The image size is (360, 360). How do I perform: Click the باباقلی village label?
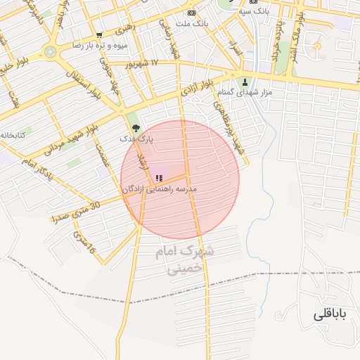click(x=330, y=314)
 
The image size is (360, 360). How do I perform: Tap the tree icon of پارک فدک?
click(x=136, y=128)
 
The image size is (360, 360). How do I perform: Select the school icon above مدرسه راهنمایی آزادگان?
click(x=159, y=178)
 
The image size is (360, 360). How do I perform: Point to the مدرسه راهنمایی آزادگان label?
click(x=160, y=189)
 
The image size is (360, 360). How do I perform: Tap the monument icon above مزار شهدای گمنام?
click(x=245, y=81)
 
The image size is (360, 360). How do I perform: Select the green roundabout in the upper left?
click(x=50, y=51)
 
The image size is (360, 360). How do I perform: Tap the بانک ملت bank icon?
click(x=191, y=13)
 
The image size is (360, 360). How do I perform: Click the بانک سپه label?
click(x=255, y=11)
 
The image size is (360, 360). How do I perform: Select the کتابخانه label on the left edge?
click(x=13, y=134)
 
